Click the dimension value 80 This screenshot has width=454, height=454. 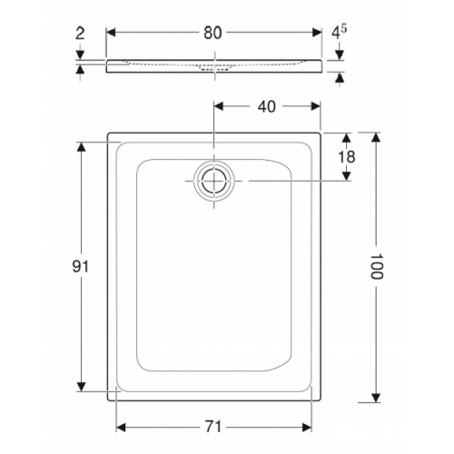[x=214, y=33]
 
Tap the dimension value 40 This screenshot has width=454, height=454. [x=267, y=106]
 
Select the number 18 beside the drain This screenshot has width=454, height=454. [x=347, y=157]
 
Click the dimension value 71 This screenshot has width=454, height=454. [x=214, y=426]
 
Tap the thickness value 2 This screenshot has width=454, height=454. [x=80, y=33]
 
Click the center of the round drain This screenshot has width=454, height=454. [x=214, y=182]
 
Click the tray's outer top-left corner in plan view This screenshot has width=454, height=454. [x=109, y=133]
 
